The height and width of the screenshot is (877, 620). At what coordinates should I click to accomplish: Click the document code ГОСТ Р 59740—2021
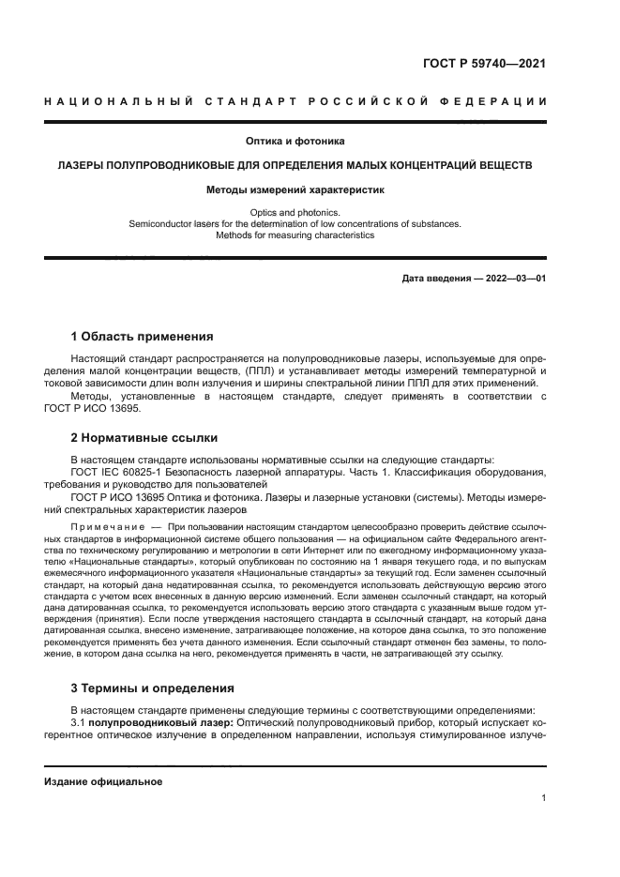click(484, 64)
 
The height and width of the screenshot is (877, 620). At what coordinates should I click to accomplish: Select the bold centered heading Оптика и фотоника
click(295, 142)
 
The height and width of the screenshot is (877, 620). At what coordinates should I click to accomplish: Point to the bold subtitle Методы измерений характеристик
click(295, 189)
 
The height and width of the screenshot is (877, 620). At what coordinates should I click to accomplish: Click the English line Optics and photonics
click(295, 213)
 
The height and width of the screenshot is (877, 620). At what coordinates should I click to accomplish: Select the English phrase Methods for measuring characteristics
click(295, 235)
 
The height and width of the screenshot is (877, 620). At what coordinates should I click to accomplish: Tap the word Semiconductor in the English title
click(159, 224)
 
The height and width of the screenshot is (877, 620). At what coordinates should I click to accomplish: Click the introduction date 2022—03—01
click(514, 279)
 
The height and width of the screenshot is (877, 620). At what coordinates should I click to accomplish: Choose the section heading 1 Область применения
click(143, 336)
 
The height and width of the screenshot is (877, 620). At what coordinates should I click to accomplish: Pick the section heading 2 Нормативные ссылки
click(144, 437)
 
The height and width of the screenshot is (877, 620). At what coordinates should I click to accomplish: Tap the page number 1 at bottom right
click(543, 798)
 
